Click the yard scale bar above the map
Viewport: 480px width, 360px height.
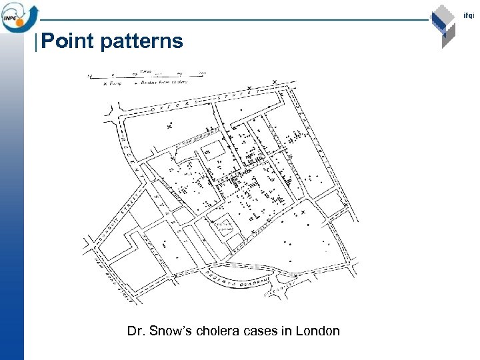(x=147, y=75)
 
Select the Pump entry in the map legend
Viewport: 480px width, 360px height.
(x=113, y=82)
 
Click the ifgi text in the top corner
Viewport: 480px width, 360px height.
(x=473, y=15)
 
